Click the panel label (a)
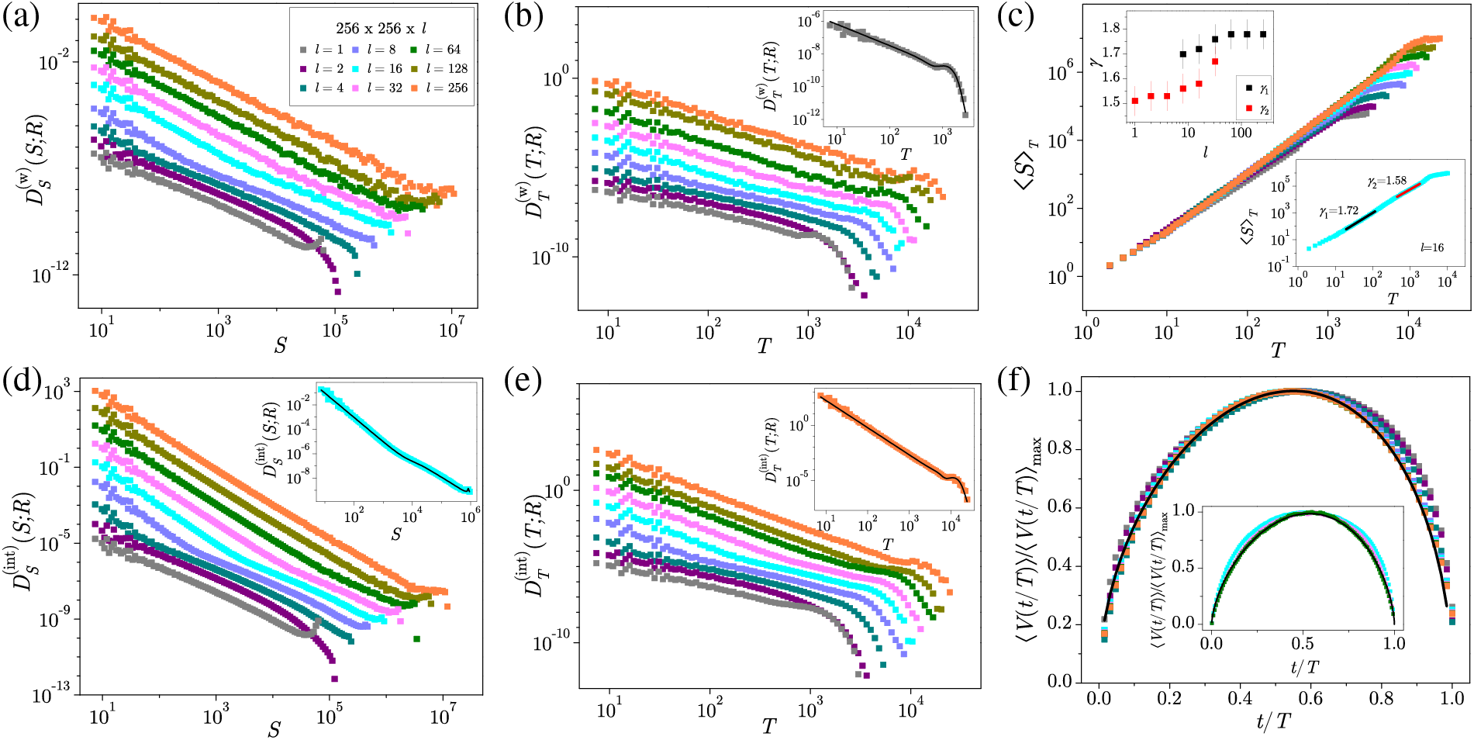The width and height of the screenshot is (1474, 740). tap(21, 17)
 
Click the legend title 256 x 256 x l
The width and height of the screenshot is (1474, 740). tap(381, 29)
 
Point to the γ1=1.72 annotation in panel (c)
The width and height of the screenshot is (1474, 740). tap(1338, 211)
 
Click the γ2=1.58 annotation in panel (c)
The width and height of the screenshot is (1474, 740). tap(1386, 181)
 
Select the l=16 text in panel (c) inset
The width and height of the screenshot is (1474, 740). tap(1432, 247)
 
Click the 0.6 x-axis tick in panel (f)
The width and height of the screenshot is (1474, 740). tap(1310, 698)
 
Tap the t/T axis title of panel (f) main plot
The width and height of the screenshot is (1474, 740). tap(1273, 722)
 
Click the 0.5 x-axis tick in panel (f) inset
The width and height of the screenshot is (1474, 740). tap(1303, 643)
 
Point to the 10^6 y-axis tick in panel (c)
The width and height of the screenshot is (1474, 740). tap(1060, 74)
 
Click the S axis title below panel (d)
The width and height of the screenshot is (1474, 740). tap(274, 728)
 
